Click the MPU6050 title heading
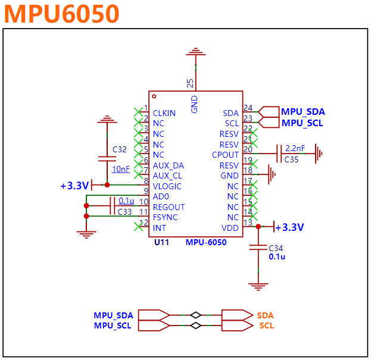(x=62, y=14)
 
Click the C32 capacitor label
(x=120, y=149)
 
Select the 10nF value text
(x=121, y=170)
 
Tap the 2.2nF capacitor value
(x=295, y=148)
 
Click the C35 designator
(x=292, y=159)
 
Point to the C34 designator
(x=276, y=248)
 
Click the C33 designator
(x=124, y=211)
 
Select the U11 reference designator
(x=162, y=242)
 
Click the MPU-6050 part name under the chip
(x=206, y=242)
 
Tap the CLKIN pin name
(x=164, y=113)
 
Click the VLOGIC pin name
(x=167, y=186)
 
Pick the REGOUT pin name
(x=169, y=207)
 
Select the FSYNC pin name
(x=165, y=217)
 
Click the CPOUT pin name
(x=225, y=155)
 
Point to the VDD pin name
(x=230, y=228)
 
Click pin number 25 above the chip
(x=190, y=83)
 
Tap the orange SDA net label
(x=266, y=315)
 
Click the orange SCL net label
(x=266, y=325)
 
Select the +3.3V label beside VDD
(x=289, y=227)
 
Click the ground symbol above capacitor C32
(x=107, y=120)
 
